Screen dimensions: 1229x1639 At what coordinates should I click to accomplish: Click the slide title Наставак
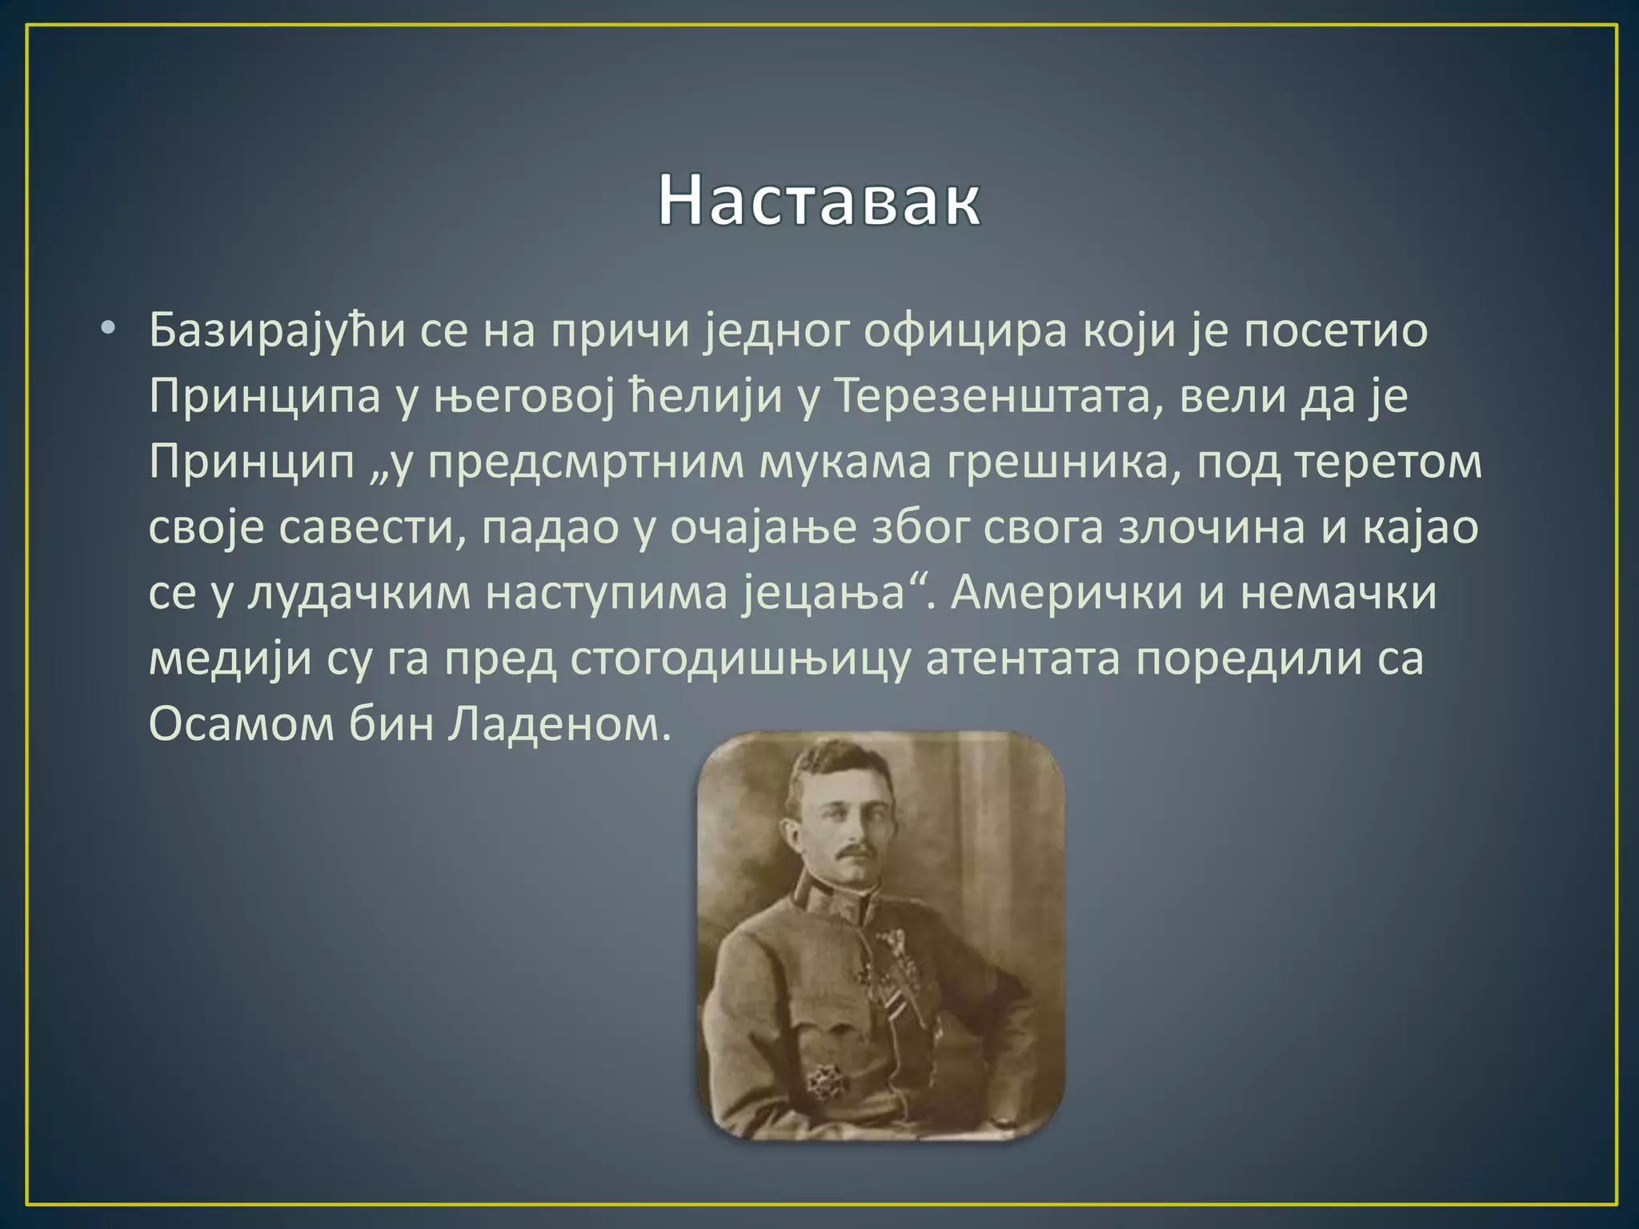click(819, 200)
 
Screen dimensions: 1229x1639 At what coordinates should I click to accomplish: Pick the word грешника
click(1064, 462)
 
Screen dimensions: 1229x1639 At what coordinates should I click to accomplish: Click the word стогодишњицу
click(741, 660)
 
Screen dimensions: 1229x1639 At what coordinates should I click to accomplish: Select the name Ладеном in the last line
click(558, 724)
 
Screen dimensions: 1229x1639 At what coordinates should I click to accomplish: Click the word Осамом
click(241, 724)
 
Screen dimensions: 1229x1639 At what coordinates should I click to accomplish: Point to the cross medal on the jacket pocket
click(822, 1082)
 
